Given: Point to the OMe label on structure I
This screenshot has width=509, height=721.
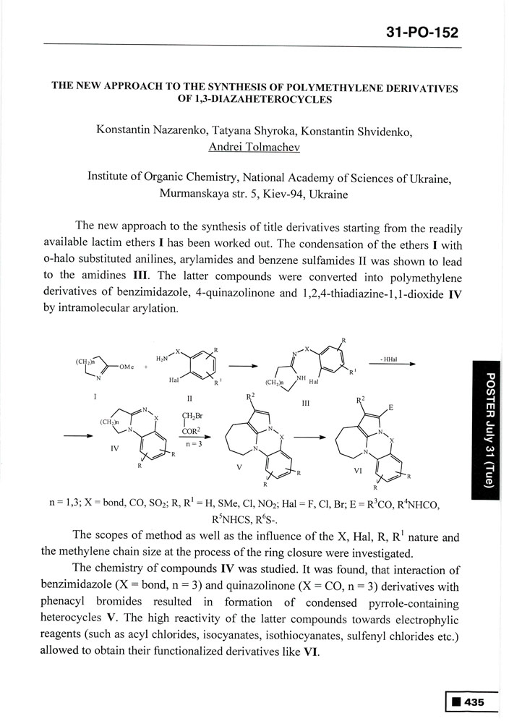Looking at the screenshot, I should click(125, 366).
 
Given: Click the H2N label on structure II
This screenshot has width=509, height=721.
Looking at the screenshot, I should click(163, 358).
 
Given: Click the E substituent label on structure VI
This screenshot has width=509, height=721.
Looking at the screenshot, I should click(390, 408).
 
